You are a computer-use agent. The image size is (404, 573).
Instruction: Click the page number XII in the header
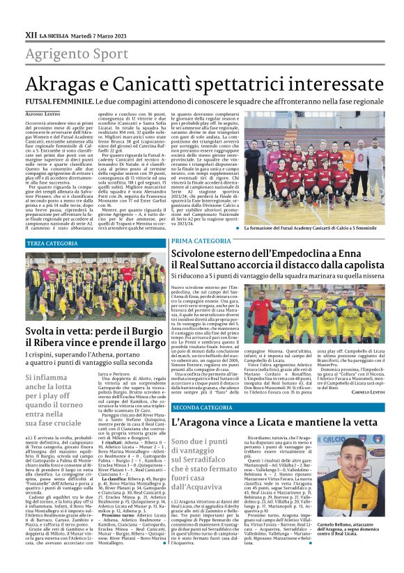pos(30,33)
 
